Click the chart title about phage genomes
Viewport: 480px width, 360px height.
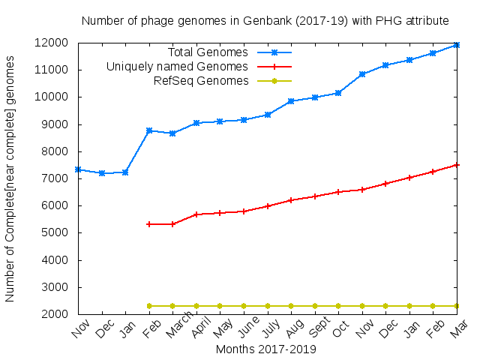265,20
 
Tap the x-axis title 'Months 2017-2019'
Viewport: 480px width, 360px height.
265,349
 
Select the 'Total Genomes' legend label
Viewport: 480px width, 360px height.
208,52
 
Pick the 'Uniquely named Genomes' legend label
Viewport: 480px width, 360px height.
177,67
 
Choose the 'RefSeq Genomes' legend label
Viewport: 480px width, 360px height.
200,81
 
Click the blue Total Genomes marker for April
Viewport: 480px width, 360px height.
196,123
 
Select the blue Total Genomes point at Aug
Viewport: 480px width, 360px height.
291,100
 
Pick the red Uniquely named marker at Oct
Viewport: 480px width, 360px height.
338,192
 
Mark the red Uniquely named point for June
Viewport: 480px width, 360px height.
244,211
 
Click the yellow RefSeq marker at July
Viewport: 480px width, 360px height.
268,306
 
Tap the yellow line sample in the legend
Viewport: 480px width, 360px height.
274,81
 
